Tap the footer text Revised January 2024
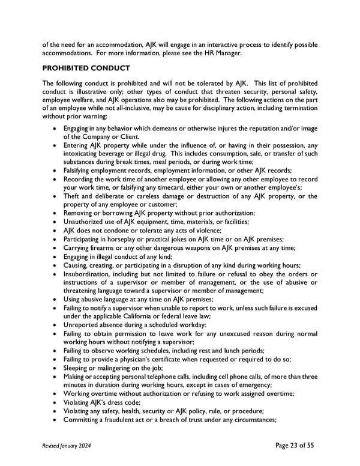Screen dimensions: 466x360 point(68,445)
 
